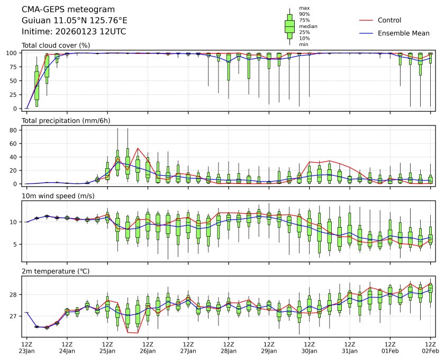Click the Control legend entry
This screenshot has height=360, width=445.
coord(389,20)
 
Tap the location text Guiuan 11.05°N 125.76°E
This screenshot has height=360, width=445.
coord(74,21)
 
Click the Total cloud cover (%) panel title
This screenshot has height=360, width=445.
coord(56,46)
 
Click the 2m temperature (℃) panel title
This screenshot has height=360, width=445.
coord(56,272)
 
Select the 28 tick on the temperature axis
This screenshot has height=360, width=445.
coord(15,294)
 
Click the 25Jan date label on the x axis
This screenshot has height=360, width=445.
coord(107,350)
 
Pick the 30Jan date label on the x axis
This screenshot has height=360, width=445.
coord(310,350)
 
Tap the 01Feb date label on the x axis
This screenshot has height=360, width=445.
coord(390,350)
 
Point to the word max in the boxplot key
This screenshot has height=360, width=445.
coord(304,8)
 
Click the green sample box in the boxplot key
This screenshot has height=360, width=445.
coord(289,25)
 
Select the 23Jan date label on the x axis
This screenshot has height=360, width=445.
coord(26,350)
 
